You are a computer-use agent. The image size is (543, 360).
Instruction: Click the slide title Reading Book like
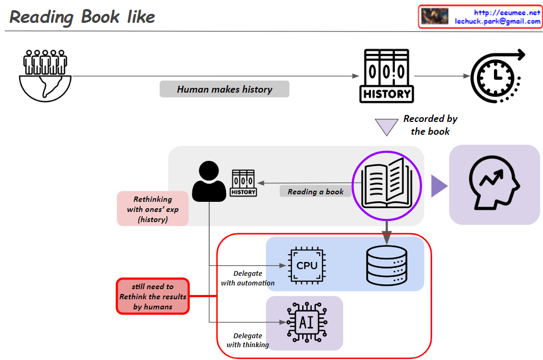pos(83,17)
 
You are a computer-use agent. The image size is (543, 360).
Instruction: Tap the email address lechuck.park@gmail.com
pos(497,21)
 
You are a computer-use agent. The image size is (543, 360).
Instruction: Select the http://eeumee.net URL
pos(507,12)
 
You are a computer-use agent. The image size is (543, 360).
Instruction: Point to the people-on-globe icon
pos(45,75)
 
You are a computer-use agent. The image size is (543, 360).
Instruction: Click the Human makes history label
pos(224,89)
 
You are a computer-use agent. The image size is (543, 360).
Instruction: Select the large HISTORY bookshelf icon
pos(387,76)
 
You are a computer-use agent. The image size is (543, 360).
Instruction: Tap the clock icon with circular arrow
pos(496,76)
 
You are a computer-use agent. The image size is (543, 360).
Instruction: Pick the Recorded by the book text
pos(430,125)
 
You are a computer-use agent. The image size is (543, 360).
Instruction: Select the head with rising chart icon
pos(495,184)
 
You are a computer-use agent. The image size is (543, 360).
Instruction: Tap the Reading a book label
pos(315,192)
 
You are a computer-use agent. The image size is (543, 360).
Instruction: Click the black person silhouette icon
pos(209,182)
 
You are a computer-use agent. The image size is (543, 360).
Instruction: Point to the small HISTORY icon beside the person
pos(243,183)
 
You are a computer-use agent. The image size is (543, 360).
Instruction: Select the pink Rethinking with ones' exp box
pos(153,209)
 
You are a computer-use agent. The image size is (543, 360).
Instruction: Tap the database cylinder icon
pos(386,264)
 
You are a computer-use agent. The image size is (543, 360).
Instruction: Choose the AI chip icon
pos(306,323)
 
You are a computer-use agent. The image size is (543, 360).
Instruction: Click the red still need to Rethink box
pos(153,296)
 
